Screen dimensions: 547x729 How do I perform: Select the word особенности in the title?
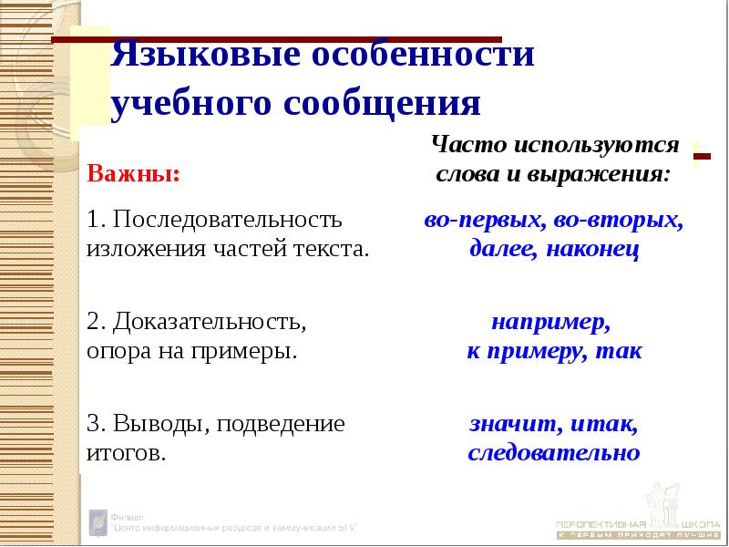pyautogui.click(x=423, y=57)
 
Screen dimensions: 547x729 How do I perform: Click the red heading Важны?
pyautogui.click(x=133, y=173)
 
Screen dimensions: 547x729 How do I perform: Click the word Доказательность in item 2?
pyautogui.click(x=208, y=323)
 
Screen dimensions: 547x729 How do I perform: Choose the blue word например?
pyautogui.click(x=550, y=323)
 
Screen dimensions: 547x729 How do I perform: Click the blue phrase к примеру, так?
pyautogui.click(x=554, y=351)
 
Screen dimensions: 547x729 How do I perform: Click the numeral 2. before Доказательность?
pyautogui.click(x=95, y=323)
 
